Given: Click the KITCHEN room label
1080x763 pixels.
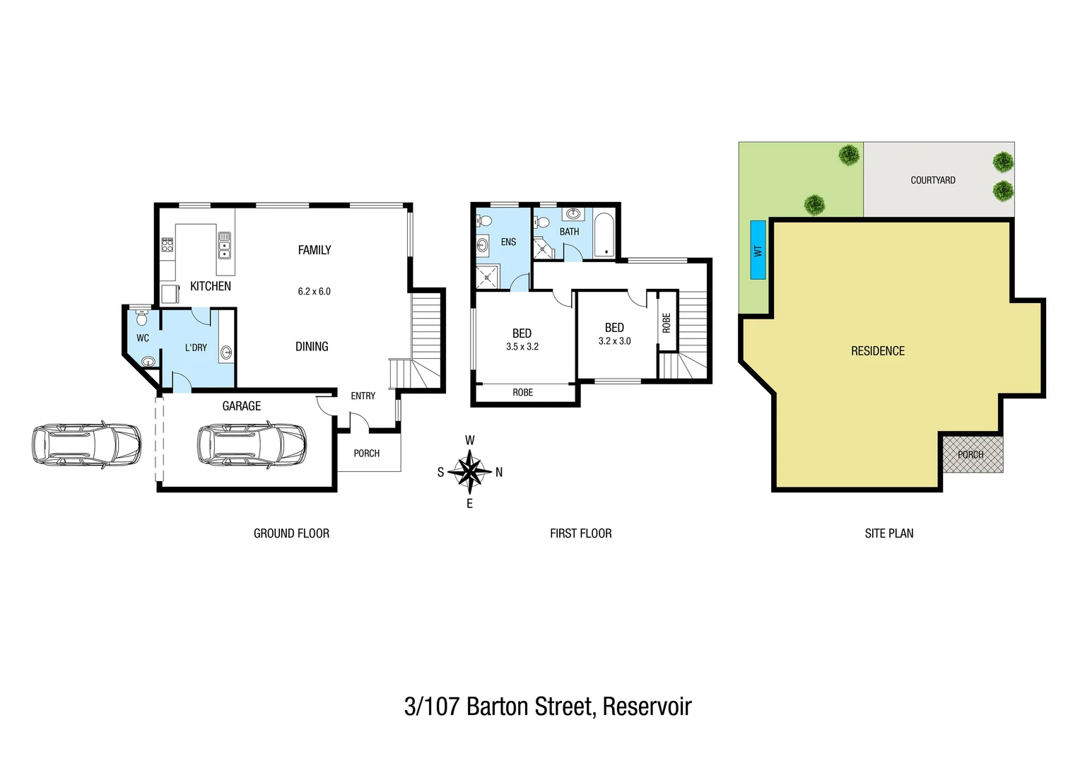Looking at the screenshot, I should pyautogui.click(x=211, y=286).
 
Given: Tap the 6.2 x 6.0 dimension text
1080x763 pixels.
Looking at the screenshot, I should pyautogui.click(x=314, y=291).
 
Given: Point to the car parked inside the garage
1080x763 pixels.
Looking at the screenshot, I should pyautogui.click(x=252, y=444).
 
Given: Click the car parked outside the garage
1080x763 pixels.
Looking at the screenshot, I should pyautogui.click(x=86, y=444).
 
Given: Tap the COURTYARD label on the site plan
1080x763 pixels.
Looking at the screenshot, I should pyautogui.click(x=932, y=180).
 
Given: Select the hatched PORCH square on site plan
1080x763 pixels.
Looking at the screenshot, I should pyautogui.click(x=972, y=453).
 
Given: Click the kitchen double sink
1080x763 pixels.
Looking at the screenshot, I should pyautogui.click(x=224, y=244).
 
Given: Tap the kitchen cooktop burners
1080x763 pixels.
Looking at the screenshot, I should pyautogui.click(x=168, y=244).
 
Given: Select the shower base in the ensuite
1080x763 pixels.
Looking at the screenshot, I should pyautogui.click(x=488, y=278).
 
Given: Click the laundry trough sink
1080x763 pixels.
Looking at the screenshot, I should pyautogui.click(x=227, y=352).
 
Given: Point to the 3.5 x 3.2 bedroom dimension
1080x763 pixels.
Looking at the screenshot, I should pyautogui.click(x=522, y=347).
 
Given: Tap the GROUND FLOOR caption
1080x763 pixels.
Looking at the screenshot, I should pyautogui.click(x=291, y=533).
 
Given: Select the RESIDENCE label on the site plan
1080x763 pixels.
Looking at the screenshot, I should pyautogui.click(x=877, y=351).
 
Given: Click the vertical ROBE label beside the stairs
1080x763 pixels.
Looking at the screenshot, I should pyautogui.click(x=667, y=323).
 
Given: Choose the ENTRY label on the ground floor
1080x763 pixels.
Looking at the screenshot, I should pyautogui.click(x=363, y=396).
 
